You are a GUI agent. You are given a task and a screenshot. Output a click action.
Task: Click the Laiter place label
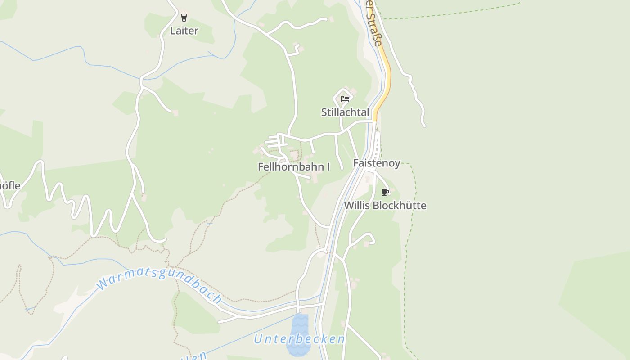pos(184,31)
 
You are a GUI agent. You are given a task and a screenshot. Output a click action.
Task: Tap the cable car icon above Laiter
pos(184,18)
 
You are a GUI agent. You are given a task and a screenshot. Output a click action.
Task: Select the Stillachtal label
pos(345,112)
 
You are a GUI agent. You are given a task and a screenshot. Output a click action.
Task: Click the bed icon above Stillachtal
pos(345,99)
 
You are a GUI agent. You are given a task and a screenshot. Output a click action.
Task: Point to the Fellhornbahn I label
pos(294,167)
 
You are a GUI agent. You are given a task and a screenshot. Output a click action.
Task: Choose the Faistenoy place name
pos(377,163)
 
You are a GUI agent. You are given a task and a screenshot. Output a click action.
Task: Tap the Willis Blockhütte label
pos(385,206)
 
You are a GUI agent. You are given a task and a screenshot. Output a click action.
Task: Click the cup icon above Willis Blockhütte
pos(385,193)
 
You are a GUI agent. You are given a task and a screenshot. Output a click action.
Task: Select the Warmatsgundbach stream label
pos(159,282)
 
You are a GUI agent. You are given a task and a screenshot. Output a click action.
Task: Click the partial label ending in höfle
pos(9,185)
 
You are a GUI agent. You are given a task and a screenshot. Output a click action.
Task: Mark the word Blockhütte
pos(399,206)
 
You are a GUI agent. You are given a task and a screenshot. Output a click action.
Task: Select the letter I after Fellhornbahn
pos(328,167)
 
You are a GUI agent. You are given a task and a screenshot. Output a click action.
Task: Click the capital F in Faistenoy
pos(356,163)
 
